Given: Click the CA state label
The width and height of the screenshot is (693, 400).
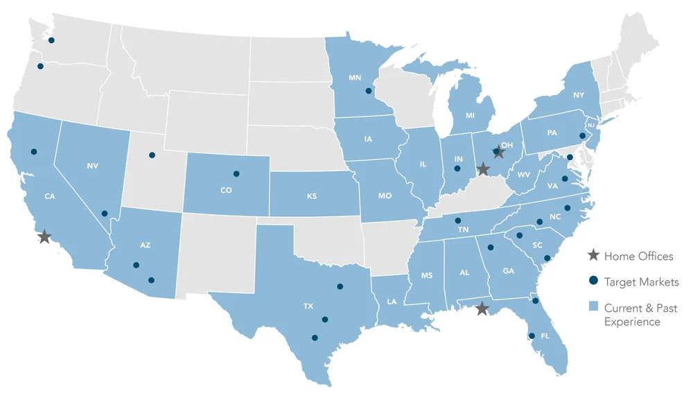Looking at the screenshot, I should pos(49,196).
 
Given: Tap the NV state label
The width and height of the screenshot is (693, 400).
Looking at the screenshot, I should pos(93,166).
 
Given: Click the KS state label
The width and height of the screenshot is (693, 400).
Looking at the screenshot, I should pos(311,196).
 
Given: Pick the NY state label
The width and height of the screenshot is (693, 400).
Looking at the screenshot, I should pos(579,95).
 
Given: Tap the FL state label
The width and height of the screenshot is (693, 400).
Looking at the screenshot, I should pos(545,336).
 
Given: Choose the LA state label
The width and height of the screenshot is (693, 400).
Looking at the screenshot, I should pos(392,301).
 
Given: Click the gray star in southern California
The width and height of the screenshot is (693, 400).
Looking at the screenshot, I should pos(44,237).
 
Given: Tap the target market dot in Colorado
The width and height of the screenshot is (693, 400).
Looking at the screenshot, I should pos(236,173).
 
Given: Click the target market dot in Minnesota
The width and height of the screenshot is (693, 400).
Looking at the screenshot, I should pos(369,91).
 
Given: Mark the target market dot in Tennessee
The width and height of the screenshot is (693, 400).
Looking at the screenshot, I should pos(458,221).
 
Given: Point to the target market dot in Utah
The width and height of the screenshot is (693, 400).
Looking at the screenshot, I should pos(152,155).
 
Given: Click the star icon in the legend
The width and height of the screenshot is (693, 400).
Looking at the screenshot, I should pos(593,256).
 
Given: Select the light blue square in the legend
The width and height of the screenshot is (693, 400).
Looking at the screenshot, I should pos(593,307).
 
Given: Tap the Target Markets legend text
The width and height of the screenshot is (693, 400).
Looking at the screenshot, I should pos(641,282).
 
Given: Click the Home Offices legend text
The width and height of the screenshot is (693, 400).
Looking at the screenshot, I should pos(638,256).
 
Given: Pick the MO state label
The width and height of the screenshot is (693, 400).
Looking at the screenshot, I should pos(385,196).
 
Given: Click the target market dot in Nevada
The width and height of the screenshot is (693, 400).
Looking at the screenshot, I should pos(105,214).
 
